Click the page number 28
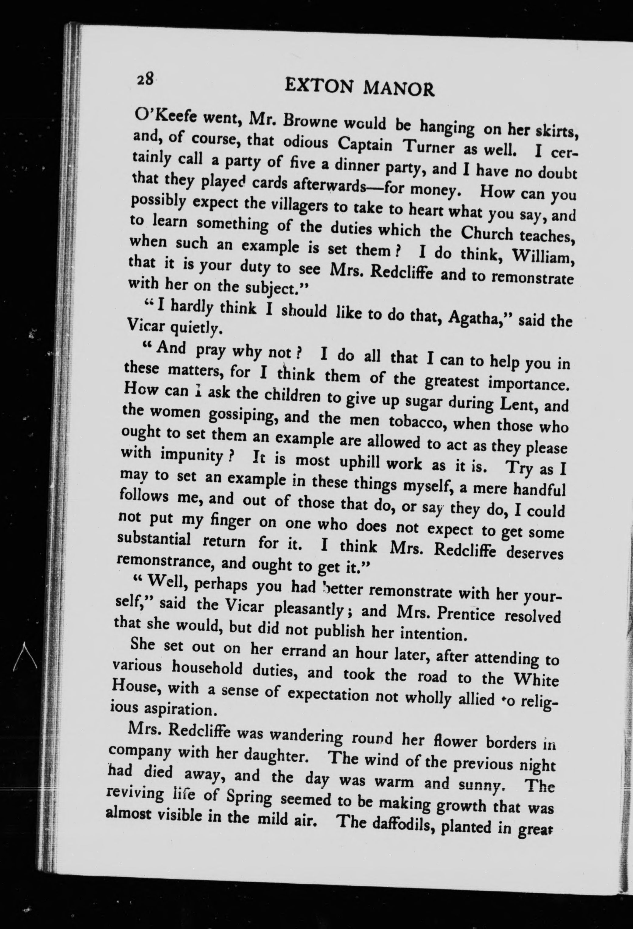(x=145, y=79)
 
